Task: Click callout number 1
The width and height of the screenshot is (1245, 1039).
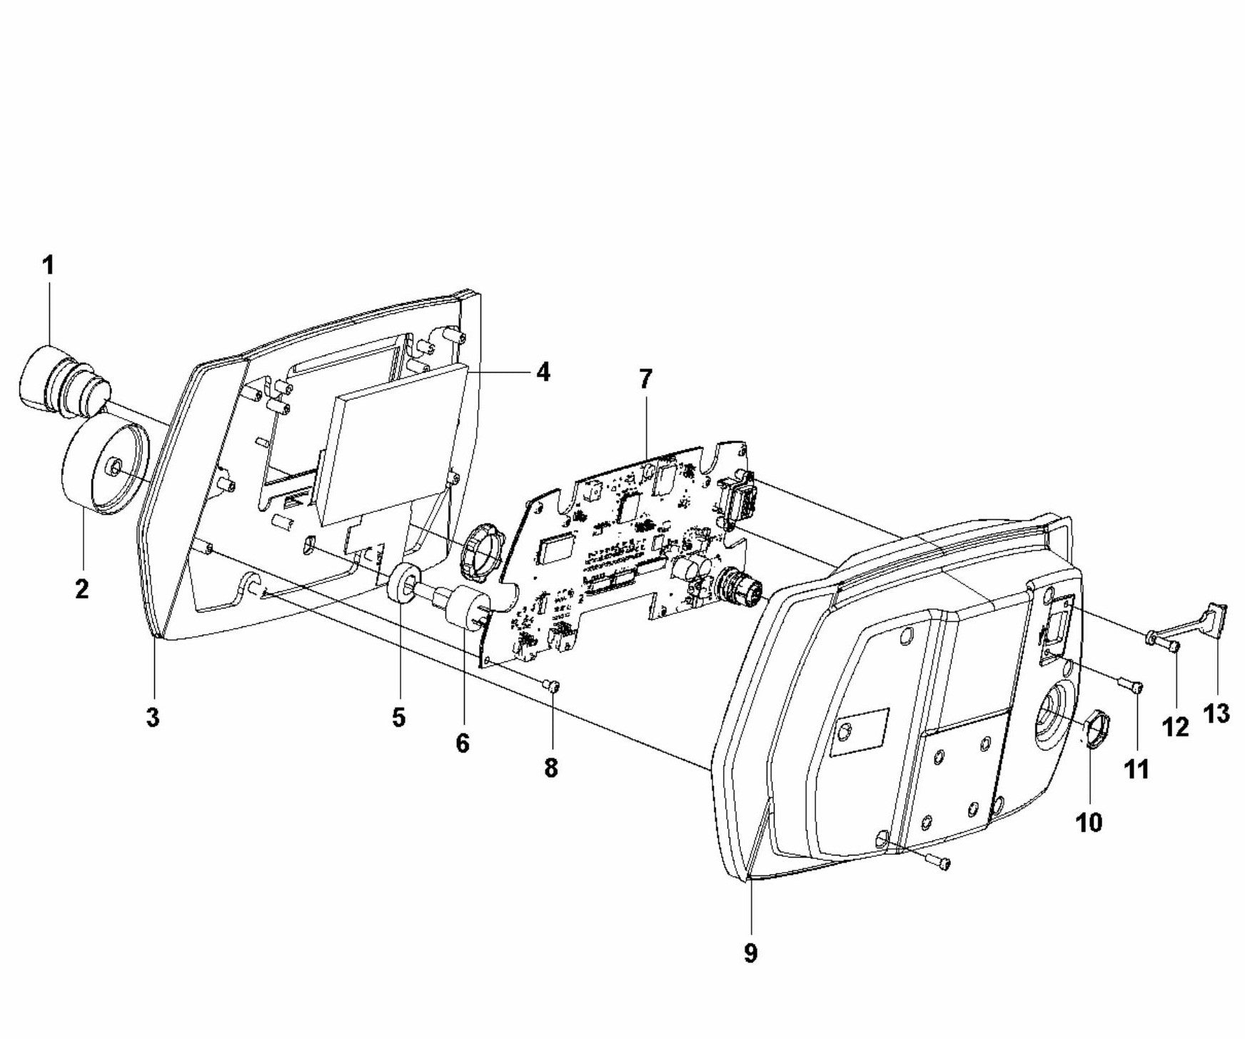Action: pyautogui.click(x=48, y=266)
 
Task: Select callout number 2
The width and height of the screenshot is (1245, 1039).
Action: pyautogui.click(x=81, y=589)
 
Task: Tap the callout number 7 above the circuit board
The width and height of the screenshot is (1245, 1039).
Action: pyautogui.click(x=645, y=379)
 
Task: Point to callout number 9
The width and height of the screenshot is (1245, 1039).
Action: pyautogui.click(x=750, y=953)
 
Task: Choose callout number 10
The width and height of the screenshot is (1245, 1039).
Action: pyautogui.click(x=1089, y=823)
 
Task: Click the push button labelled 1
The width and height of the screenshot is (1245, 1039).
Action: pyautogui.click(x=63, y=377)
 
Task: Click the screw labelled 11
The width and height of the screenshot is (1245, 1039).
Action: pyautogui.click(x=1131, y=686)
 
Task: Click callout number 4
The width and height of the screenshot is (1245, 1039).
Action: pyautogui.click(x=543, y=372)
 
